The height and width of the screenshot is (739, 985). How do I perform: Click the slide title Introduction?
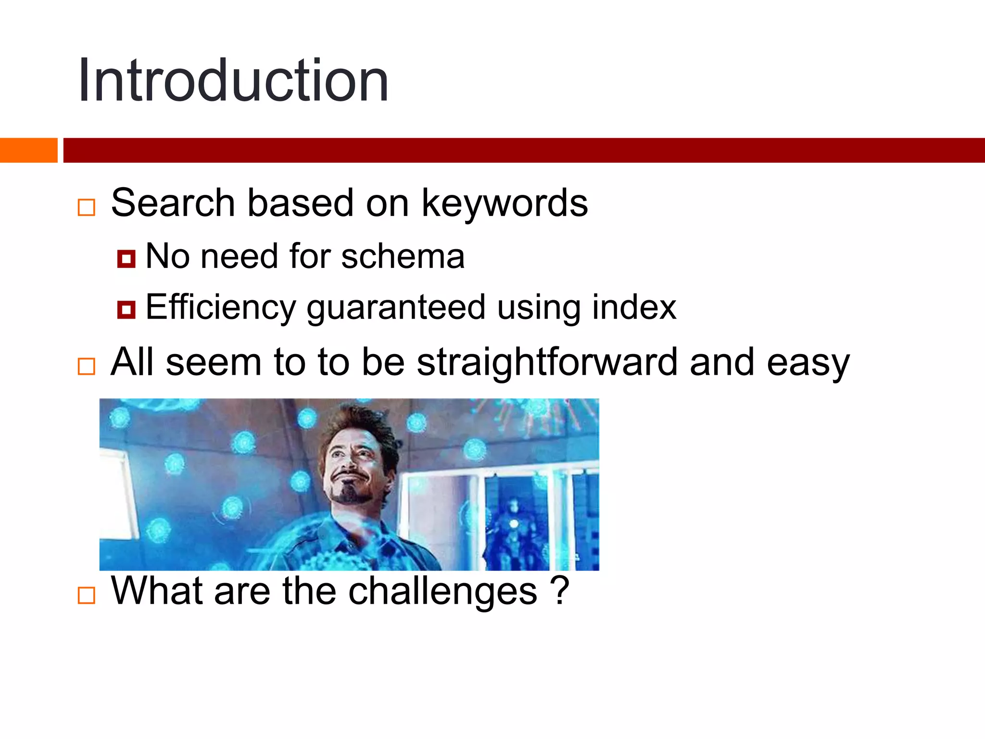point(233,80)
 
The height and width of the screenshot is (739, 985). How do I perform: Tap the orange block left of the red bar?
point(28,150)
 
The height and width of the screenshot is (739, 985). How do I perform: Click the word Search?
point(173,203)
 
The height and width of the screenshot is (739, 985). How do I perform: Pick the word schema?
point(403,256)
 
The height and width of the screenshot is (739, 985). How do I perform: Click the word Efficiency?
point(221,308)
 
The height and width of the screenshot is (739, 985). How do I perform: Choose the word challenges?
point(442,592)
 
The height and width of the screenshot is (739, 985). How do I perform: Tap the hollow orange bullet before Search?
point(87,207)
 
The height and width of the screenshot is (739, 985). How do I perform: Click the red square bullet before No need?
point(126,259)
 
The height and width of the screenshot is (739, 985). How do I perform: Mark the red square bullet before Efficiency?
point(126,310)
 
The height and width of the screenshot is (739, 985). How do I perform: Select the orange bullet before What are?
point(87,595)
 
